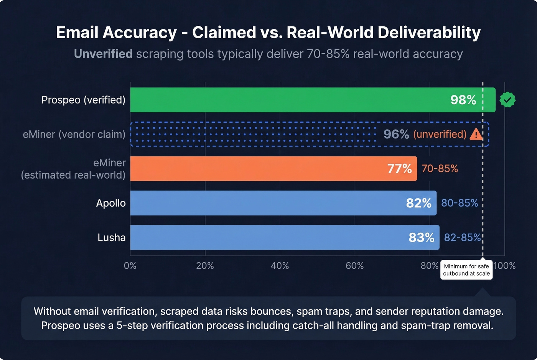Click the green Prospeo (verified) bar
click(x=288, y=100)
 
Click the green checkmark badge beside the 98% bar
click(x=507, y=100)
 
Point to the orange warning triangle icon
click(x=476, y=134)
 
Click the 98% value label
click(x=463, y=100)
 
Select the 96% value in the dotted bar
click(x=396, y=134)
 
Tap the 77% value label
click(x=399, y=169)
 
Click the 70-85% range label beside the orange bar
click(x=440, y=169)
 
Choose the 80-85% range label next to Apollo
click(x=460, y=203)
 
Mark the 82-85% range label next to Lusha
click(x=462, y=238)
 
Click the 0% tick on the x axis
click(x=130, y=266)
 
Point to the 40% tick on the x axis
click(x=280, y=266)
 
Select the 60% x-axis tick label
click(x=354, y=266)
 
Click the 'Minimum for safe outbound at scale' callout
click(x=466, y=270)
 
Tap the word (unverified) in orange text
click(x=440, y=134)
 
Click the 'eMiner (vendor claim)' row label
click(x=74, y=135)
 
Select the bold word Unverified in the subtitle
click(x=103, y=54)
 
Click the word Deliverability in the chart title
click(x=429, y=33)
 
